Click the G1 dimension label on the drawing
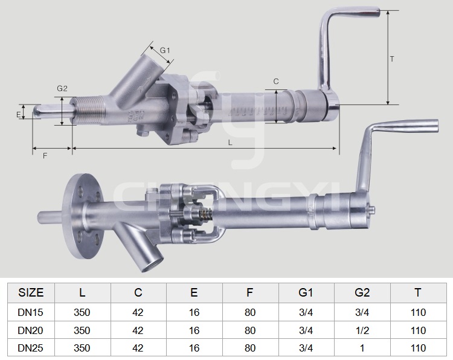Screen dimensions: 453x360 (165, 51)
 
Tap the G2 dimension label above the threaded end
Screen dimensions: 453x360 (62, 88)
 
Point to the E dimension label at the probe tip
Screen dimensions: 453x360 (19, 115)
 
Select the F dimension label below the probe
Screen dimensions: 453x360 (45, 156)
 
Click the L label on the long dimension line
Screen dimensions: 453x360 (230, 143)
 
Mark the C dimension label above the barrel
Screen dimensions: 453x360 (276, 82)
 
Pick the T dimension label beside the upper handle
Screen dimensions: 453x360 (392, 59)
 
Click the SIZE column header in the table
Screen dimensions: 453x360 (31, 293)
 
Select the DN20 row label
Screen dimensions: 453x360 (30, 330)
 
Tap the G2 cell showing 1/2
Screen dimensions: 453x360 (362, 330)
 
